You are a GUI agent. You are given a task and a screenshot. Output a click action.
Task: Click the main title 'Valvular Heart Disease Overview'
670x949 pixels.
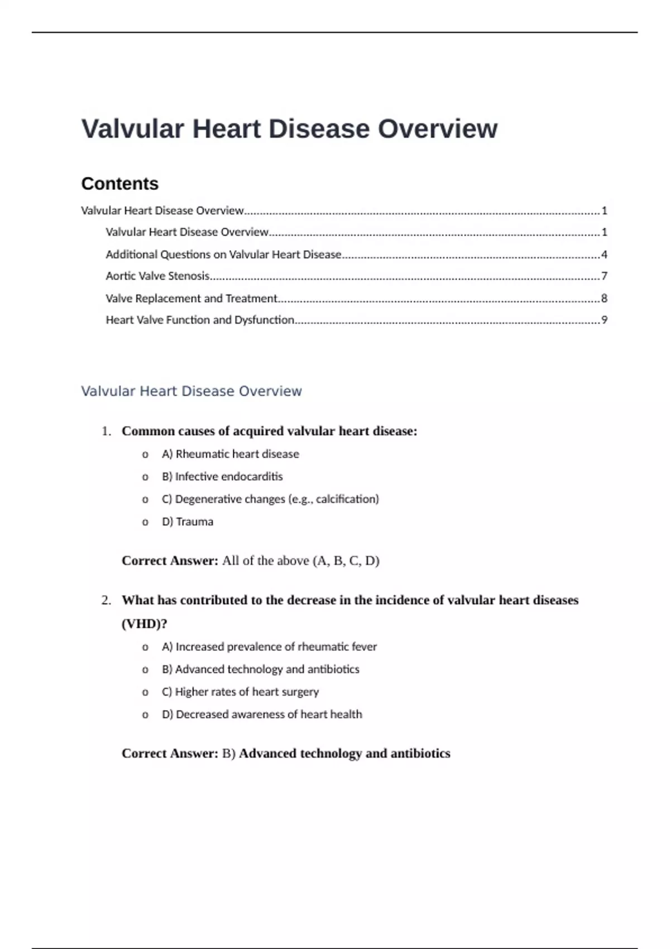[x=289, y=129]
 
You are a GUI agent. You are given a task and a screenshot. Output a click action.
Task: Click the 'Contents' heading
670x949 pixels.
[x=119, y=184]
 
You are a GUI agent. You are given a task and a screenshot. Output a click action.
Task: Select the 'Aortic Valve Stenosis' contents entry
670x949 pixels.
[x=157, y=276]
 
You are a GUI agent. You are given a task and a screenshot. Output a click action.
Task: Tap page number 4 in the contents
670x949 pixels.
[x=604, y=255]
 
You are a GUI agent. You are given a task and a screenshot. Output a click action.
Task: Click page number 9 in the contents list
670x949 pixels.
[x=604, y=320]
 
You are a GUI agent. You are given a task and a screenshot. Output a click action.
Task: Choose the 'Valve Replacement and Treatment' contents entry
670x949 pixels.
[x=192, y=298]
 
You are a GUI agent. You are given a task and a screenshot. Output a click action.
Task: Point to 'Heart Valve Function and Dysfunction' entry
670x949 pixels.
[x=200, y=320]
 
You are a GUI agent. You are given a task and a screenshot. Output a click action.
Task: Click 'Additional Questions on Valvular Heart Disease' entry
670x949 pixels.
[x=223, y=255]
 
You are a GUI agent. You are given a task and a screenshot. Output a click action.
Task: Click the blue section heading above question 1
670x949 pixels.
[x=191, y=391]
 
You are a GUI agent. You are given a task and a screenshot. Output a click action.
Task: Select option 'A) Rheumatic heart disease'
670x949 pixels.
[x=230, y=454]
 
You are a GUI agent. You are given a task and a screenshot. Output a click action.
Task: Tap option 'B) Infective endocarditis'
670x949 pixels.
[x=222, y=476]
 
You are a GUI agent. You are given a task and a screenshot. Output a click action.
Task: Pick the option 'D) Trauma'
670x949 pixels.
[x=187, y=521]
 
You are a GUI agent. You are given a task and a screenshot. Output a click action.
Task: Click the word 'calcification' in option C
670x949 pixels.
[x=346, y=499]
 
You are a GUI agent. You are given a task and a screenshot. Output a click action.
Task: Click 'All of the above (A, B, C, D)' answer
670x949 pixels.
[x=300, y=560]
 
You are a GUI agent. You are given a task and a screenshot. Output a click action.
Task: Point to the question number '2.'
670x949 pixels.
[x=106, y=600]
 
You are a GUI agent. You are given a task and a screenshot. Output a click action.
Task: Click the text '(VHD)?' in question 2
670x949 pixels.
[x=144, y=624]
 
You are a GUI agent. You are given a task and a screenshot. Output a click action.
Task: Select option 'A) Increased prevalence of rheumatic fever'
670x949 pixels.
[x=269, y=646]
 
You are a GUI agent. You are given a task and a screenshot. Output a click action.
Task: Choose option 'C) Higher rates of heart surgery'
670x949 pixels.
[x=240, y=692]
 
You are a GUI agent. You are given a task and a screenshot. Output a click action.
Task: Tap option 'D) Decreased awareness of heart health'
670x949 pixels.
[x=262, y=714]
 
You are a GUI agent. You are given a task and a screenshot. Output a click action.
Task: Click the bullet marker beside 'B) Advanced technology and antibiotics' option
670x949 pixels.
[x=145, y=669]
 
